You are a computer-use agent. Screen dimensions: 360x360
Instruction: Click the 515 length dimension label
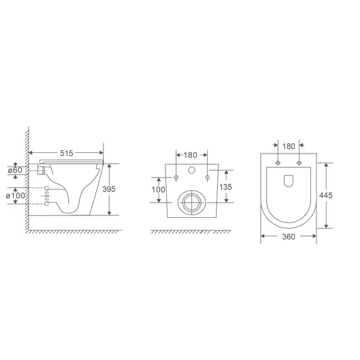click(66, 153)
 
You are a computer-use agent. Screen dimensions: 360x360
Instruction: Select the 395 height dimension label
click(109, 189)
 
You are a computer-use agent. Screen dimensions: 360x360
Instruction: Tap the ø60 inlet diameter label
click(15, 171)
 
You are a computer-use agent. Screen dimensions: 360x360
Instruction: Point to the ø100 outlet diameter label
click(15, 196)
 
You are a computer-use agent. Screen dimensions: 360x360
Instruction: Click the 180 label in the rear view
click(190, 155)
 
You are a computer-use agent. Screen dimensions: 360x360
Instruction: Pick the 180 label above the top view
click(289, 147)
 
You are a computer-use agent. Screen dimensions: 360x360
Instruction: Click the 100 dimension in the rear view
click(158, 189)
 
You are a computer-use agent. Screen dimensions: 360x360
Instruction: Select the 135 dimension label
click(225, 187)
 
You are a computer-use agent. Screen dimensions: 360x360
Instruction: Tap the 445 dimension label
click(326, 195)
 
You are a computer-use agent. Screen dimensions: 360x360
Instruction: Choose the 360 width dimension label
click(289, 236)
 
